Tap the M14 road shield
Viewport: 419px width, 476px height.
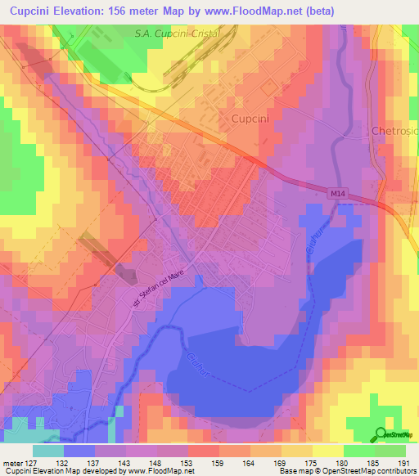click(339, 193)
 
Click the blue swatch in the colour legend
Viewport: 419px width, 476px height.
click(79, 451)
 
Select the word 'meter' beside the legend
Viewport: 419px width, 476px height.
click(12, 463)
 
